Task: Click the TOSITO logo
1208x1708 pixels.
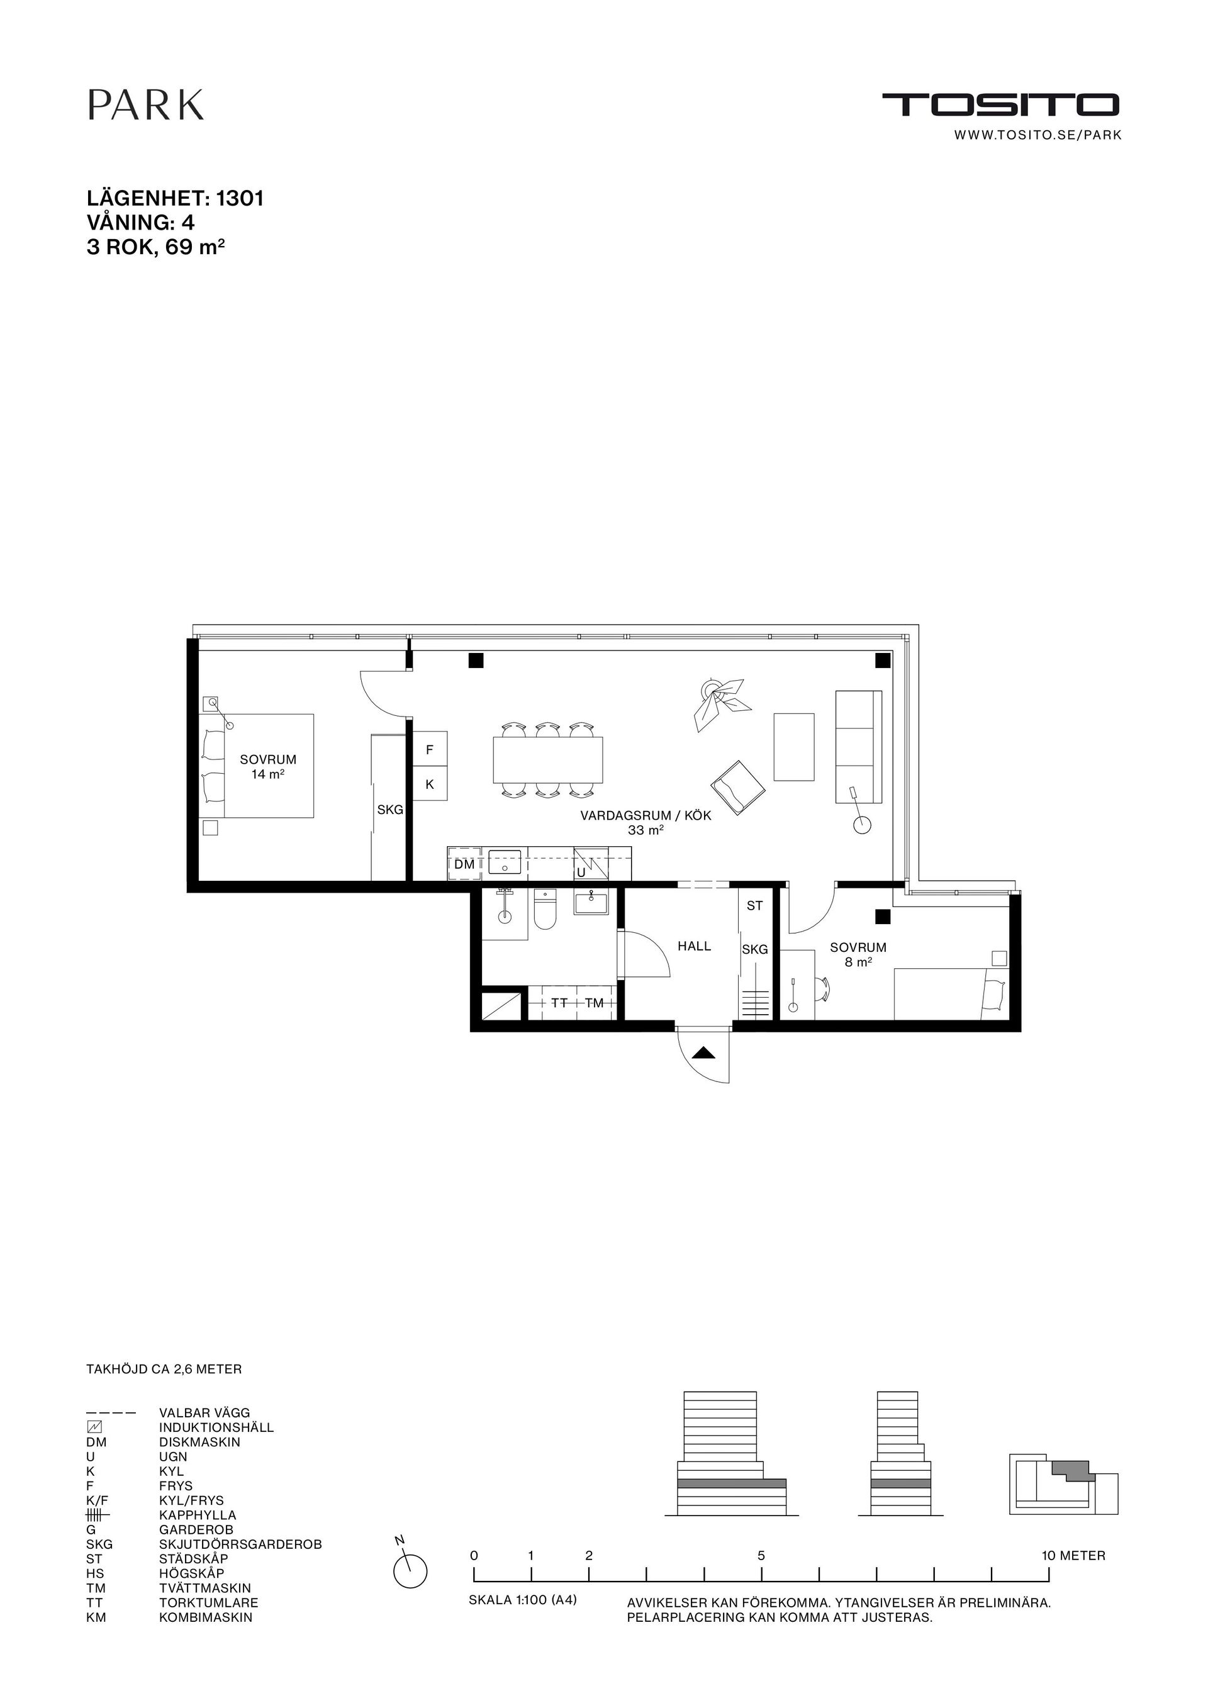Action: [1000, 105]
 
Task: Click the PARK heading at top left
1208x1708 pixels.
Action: [146, 105]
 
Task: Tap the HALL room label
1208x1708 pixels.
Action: [694, 946]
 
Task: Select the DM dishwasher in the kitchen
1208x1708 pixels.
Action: [464, 864]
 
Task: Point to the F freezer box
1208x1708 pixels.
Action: [429, 751]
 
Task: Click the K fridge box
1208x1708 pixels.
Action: [429, 784]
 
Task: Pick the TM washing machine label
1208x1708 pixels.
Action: [595, 1003]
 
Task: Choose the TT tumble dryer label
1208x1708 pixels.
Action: [559, 1003]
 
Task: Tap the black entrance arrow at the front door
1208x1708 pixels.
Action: [703, 1052]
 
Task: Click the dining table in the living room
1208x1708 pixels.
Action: [547, 759]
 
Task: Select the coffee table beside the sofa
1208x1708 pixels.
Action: [793, 747]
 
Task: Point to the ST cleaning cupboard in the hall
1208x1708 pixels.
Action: [754, 906]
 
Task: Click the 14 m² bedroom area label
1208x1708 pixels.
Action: [268, 774]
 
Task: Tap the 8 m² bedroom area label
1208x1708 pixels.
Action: [858, 962]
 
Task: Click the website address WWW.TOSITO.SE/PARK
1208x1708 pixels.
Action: [1037, 135]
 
